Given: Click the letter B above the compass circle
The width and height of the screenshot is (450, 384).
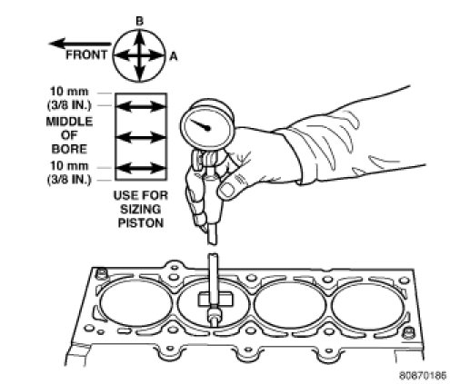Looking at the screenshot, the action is pos(139,22).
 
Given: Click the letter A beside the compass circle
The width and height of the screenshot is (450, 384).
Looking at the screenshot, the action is pos(174,56).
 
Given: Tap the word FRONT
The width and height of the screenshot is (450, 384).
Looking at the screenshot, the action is pos(86,54).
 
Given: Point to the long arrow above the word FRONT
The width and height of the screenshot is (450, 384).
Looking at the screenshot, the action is pos(80,44).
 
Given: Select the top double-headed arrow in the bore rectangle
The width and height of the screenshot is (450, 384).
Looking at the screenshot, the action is pos(141,106).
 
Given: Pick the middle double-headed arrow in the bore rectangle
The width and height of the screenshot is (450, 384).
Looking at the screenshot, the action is pos(141,138).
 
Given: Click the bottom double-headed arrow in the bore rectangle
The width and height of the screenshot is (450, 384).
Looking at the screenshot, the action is pos(141,168).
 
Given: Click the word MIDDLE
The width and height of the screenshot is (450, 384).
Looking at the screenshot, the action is pos(69,122).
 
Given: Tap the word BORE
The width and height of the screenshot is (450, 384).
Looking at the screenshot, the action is pos(69,149).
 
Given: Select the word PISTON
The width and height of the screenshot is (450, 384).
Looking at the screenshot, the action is pos(141,223).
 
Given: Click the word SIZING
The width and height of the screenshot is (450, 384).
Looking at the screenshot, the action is pos(141,210).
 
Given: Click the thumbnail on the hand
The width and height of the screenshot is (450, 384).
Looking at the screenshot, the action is pos(226,190).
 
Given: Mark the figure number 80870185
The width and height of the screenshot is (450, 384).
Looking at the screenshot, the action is pos(423,376).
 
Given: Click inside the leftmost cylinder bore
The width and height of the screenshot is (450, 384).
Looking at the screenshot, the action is pos(136,303).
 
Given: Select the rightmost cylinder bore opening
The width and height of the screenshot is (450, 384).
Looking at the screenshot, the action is pos(368,306).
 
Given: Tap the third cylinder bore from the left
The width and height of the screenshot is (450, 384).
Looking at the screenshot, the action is pos(290,305).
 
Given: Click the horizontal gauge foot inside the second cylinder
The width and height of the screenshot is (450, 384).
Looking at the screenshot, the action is pos(216,300).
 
